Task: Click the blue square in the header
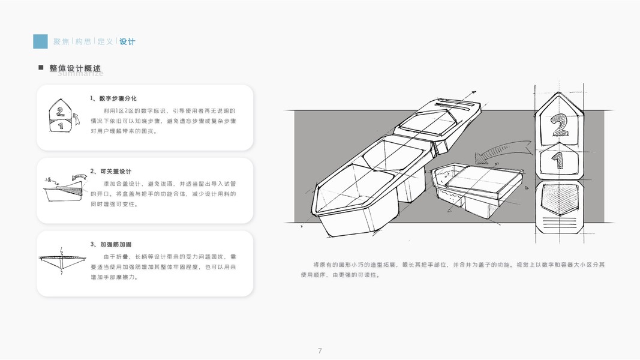pyautogui.click(x=40, y=41)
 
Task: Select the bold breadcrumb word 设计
pyautogui.click(x=127, y=41)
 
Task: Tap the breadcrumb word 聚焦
pyautogui.click(x=61, y=41)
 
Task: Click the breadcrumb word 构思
pyautogui.click(x=83, y=41)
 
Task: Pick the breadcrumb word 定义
pyautogui.click(x=105, y=41)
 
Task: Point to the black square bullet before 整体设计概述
pyautogui.click(x=41, y=68)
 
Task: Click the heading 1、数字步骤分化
pyautogui.click(x=113, y=98)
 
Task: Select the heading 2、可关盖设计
pyautogui.click(x=111, y=171)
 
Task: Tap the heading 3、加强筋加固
pyautogui.click(x=111, y=244)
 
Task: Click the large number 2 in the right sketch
pyautogui.click(x=558, y=125)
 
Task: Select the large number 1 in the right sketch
pyautogui.click(x=558, y=160)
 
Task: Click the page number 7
pyautogui.click(x=320, y=351)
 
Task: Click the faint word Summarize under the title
pyautogui.click(x=80, y=74)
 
